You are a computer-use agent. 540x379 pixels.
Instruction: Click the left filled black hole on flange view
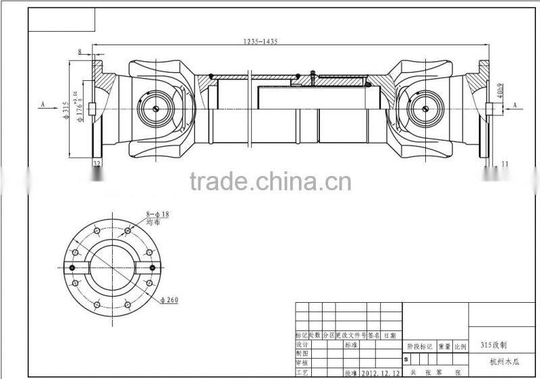[71, 268]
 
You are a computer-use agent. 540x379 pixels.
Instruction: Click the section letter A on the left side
[43, 105]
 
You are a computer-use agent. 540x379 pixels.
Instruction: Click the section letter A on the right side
[514, 105]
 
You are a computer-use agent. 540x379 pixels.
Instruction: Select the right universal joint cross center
[425, 108]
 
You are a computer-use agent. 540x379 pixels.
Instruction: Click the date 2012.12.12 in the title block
[380, 372]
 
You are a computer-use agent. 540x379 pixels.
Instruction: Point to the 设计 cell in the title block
[302, 344]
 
